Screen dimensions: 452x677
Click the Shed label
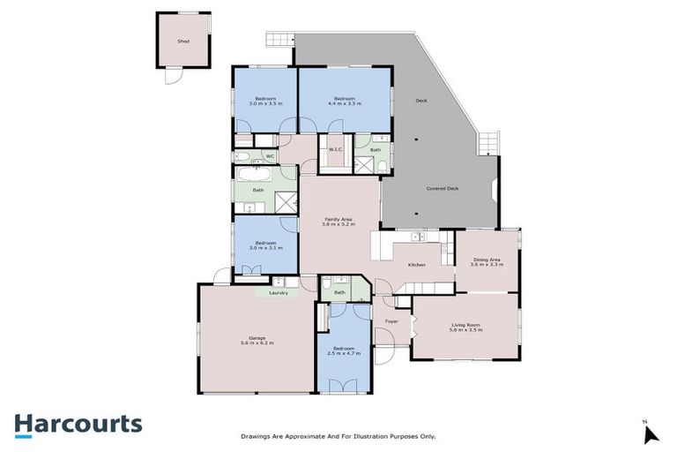183,41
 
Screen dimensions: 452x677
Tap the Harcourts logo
78,424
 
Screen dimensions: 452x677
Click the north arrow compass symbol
651,433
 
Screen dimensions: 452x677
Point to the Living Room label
466,327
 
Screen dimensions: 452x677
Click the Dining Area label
486,261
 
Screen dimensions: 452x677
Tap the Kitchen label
416,265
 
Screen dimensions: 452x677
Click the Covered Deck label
442,188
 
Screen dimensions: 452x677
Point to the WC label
271,157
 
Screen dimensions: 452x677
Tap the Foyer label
391,321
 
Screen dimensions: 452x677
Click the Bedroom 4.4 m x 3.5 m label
344,101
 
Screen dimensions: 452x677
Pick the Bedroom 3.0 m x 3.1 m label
265,245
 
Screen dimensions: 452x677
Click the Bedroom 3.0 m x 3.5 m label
265,101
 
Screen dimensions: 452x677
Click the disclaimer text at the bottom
338,436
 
